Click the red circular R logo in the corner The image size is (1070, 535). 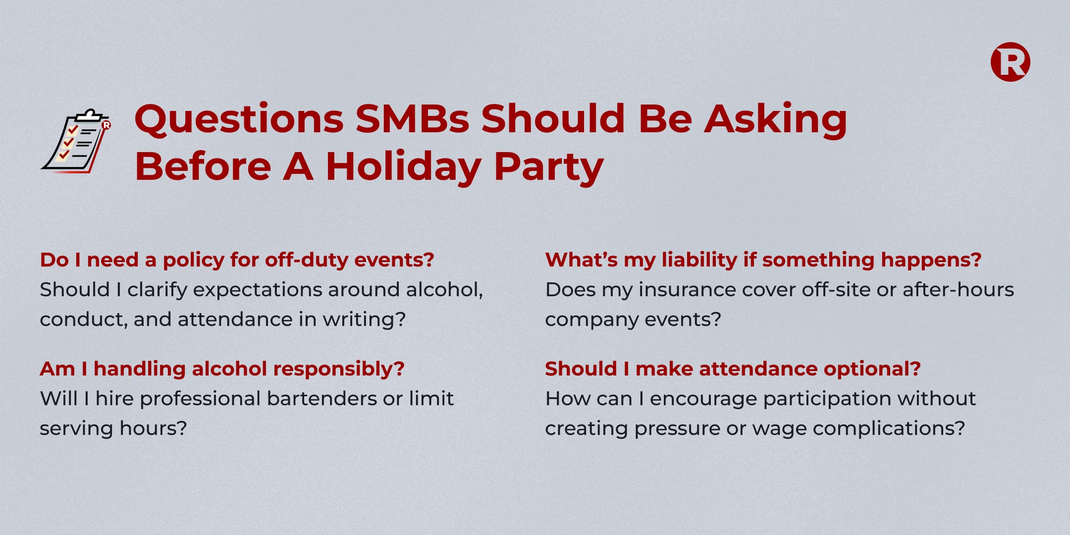tap(1010, 62)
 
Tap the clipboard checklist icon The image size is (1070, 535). tap(76, 141)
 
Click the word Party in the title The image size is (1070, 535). tap(549, 167)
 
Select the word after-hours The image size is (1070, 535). tap(958, 290)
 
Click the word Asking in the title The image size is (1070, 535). tap(776, 120)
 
